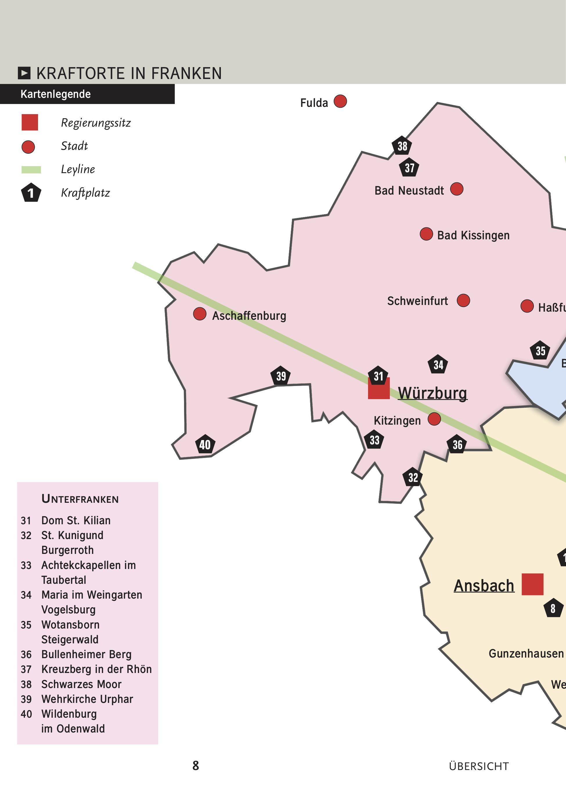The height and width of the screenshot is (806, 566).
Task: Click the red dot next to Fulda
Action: tap(340, 101)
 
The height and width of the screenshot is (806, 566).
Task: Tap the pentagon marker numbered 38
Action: tap(402, 146)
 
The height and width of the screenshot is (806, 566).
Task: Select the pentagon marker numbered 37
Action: tap(409, 168)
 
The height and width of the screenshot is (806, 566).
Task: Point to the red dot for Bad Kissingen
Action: tap(426, 234)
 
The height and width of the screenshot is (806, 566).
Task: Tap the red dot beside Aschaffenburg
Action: tap(200, 314)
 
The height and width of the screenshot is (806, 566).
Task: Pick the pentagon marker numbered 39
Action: tap(281, 376)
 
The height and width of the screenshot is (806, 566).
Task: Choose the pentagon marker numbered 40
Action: tap(205, 444)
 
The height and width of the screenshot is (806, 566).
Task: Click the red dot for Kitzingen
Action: tap(434, 419)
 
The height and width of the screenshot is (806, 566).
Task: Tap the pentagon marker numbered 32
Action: tap(413, 477)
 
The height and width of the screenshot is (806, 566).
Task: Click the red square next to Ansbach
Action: tap(532, 584)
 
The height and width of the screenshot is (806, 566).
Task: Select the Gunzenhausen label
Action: tap(526, 654)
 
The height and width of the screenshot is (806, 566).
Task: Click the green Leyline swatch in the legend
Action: tap(31, 170)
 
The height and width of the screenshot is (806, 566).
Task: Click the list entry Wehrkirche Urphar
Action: tap(87, 699)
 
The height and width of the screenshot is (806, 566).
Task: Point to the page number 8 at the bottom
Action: tap(195, 766)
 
